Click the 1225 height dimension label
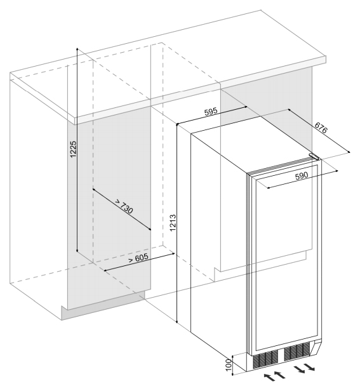73,149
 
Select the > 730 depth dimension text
124,206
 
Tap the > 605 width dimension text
138,258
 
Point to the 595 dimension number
211,112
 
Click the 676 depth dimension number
321,128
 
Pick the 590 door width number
302,176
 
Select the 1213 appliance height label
173,223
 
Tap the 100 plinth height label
229,364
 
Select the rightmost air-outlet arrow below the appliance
310,367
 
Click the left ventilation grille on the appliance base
265,359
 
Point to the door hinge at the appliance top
314,157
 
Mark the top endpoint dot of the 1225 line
77,48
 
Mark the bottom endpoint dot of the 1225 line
77,251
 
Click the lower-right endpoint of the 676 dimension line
349,152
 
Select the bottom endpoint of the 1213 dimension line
177,322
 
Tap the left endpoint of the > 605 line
105,270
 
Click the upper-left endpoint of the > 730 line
93,189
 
